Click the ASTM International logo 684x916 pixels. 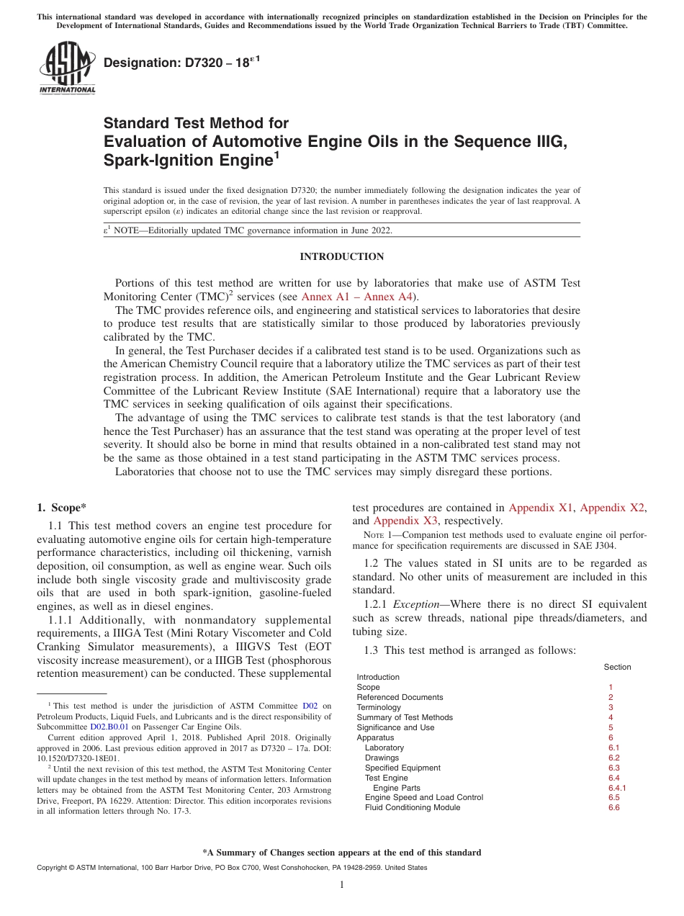pos(67,68)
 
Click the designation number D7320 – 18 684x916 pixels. pos(177,63)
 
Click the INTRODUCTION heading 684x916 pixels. pos(341,257)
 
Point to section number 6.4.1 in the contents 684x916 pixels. pos(617,788)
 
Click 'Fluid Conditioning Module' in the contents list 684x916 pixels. pos(412,807)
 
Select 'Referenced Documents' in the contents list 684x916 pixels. pos(400,697)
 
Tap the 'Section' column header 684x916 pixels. pos(617,667)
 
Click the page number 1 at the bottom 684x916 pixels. pos(341,885)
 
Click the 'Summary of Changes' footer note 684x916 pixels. pos(341,853)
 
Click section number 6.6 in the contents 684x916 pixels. pos(613,807)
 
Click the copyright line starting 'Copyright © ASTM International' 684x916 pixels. pos(232,868)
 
